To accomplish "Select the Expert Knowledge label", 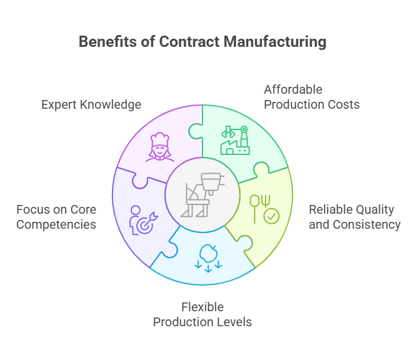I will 91,104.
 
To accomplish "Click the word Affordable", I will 293,89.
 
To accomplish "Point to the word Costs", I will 344,104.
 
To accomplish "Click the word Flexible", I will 202,307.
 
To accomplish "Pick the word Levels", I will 234,322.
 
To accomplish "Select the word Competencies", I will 56,224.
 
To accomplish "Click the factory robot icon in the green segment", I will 235,141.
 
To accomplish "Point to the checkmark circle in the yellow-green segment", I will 272,217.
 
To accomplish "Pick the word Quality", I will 374,209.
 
